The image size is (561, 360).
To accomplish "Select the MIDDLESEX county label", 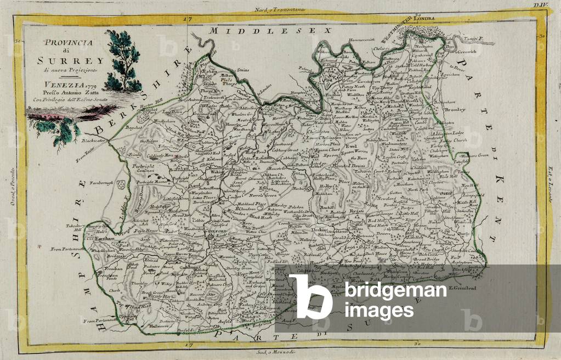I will coord(263,31).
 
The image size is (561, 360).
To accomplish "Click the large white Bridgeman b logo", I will coord(310,296).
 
